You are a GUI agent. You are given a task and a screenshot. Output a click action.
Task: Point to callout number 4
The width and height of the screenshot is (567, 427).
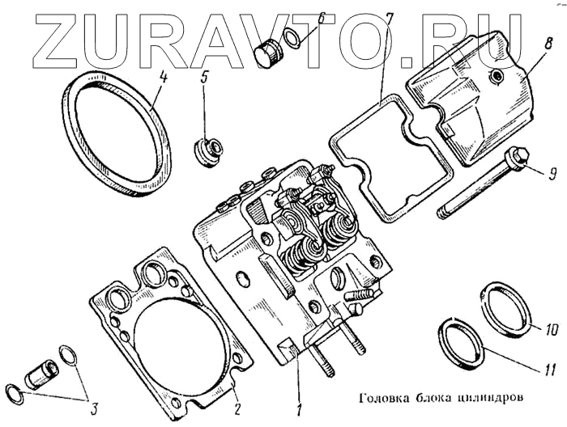click(x=164, y=78)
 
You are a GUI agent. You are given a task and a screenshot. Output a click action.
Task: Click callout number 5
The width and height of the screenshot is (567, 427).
click(x=205, y=78)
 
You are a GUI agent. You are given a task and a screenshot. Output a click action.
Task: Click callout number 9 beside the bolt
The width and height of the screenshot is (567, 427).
click(x=552, y=172)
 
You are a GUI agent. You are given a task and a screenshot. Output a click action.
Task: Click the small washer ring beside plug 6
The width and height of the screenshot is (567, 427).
click(x=296, y=37)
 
